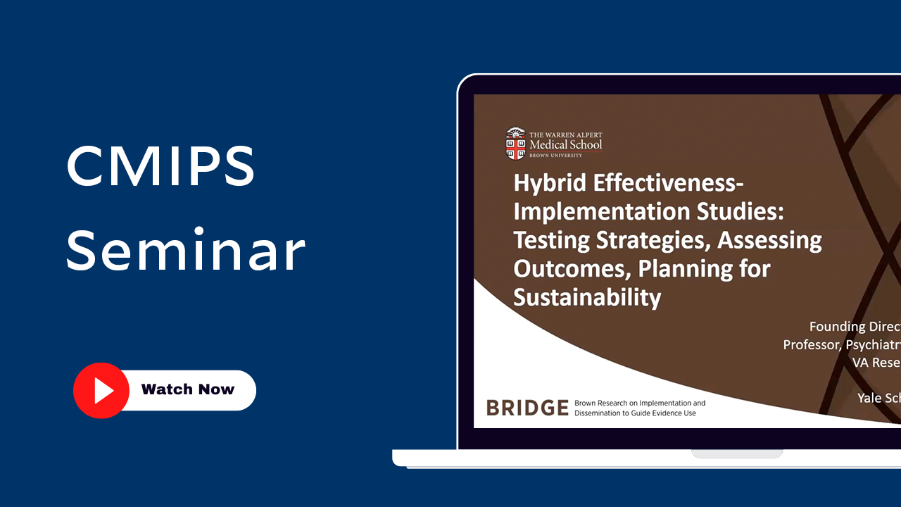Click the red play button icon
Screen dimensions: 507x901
101,390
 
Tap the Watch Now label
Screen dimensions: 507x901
187,389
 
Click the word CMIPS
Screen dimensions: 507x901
160,165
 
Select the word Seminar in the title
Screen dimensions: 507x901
186,250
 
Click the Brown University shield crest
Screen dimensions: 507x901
516,144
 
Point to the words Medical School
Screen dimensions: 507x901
566,144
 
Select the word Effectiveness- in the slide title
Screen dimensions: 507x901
669,183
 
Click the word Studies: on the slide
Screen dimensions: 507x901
740,211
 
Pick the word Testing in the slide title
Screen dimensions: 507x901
552,240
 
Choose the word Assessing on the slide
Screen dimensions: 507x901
769,240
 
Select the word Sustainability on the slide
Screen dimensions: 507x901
587,296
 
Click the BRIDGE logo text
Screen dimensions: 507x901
527,408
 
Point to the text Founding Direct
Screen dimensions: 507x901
855,327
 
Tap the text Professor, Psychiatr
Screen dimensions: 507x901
841,344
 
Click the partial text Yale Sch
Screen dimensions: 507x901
878,398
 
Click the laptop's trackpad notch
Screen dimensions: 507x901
737,453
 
